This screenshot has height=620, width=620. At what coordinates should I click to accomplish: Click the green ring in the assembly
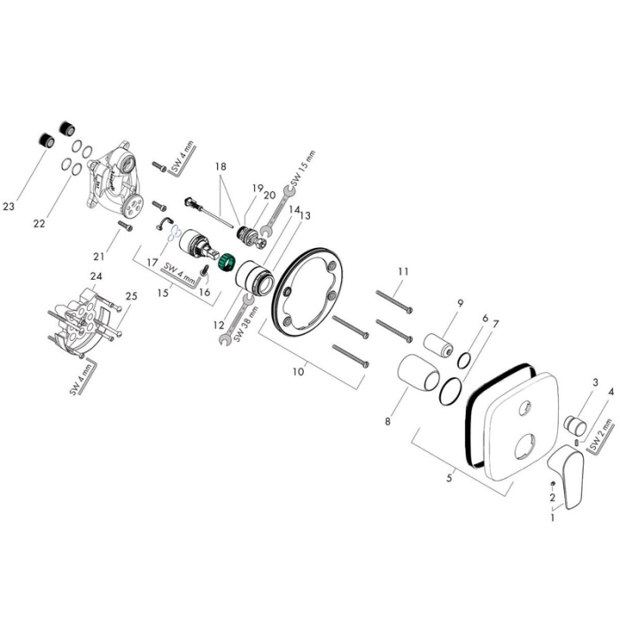(226, 263)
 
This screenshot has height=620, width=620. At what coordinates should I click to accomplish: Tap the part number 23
(9, 206)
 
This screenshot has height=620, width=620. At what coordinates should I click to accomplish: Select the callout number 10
(298, 371)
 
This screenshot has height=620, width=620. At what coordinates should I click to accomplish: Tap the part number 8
(387, 421)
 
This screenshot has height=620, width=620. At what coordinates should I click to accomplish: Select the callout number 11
(404, 271)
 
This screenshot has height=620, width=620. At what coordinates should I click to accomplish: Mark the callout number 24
(97, 276)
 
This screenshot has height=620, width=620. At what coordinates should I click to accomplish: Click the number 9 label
(461, 303)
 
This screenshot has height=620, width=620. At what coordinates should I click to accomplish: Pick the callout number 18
(221, 166)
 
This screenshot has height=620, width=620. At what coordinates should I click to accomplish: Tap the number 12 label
(218, 325)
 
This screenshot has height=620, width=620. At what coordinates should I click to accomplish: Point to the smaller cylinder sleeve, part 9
(440, 344)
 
